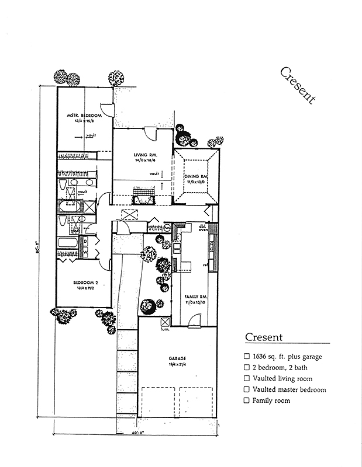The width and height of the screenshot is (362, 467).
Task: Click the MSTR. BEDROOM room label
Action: (x=84, y=116)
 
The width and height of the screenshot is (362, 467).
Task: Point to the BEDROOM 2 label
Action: (x=85, y=283)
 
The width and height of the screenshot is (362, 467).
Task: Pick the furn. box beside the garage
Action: (x=164, y=322)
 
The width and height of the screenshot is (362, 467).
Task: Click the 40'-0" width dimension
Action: (x=136, y=434)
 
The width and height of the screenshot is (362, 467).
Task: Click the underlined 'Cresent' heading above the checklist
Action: (x=264, y=337)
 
